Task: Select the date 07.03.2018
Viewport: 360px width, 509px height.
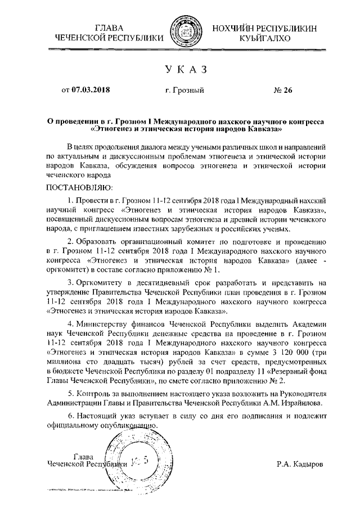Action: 91,90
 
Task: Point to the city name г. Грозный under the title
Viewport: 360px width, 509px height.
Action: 185,90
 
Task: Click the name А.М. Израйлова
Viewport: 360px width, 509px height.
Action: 298,403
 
